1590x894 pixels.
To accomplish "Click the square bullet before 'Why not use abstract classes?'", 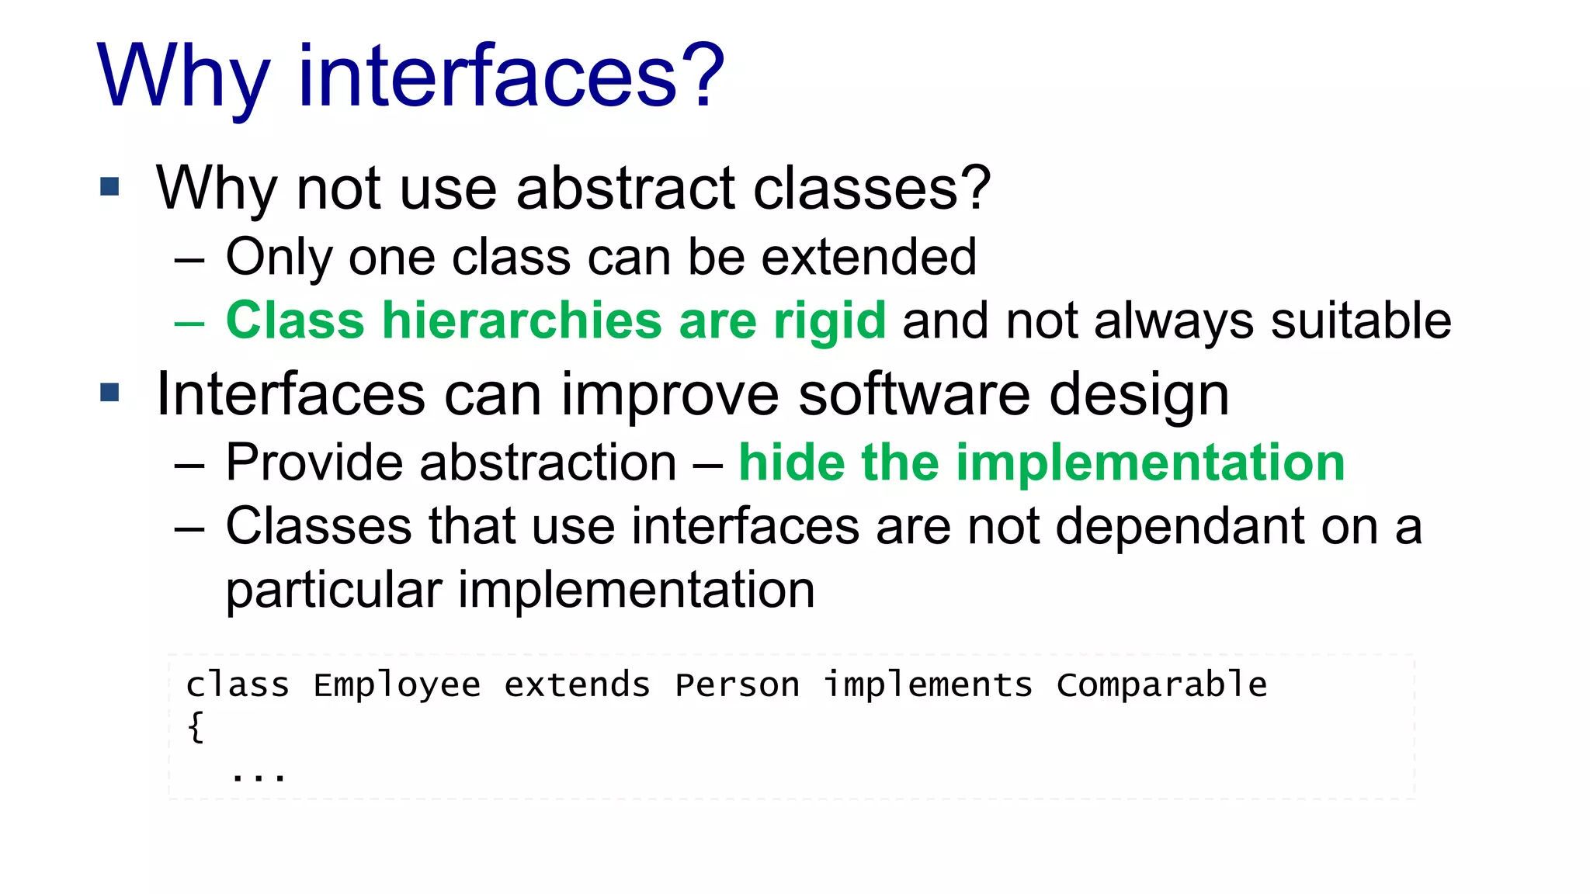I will (110, 187).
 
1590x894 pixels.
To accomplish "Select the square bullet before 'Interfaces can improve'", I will (110, 393).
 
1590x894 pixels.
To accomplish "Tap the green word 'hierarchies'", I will (522, 321).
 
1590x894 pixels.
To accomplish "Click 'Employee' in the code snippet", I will (397, 685).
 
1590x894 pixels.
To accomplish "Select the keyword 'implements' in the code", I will (928, 685).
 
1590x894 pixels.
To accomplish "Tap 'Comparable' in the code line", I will (1161, 685).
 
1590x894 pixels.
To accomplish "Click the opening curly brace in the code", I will (196, 727).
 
